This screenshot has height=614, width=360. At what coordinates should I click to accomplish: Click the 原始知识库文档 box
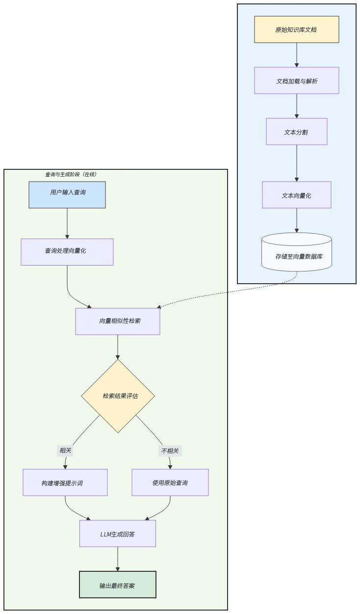point(296,29)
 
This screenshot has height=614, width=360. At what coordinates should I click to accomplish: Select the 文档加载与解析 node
point(296,80)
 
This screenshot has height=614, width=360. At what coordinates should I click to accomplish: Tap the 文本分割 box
point(296,132)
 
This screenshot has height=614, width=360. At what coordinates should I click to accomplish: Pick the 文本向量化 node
point(296,195)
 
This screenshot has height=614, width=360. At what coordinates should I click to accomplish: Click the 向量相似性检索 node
point(118,321)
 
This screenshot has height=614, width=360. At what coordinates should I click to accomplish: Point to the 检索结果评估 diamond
point(118,396)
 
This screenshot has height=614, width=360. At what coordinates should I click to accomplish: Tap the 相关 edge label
point(65,451)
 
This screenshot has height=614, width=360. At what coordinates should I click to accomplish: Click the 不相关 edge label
point(170,451)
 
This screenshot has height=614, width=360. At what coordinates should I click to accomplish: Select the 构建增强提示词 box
point(65,482)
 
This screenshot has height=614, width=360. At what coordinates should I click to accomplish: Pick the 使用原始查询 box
point(170,482)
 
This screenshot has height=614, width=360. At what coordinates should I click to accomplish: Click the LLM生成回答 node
point(118,534)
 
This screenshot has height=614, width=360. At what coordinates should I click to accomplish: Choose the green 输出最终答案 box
point(118,585)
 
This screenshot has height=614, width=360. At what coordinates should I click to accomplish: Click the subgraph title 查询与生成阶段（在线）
point(71,174)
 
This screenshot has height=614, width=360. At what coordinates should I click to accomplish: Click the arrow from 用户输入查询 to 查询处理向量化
point(67,223)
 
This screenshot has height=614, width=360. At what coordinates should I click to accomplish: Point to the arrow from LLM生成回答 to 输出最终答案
point(118,559)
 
